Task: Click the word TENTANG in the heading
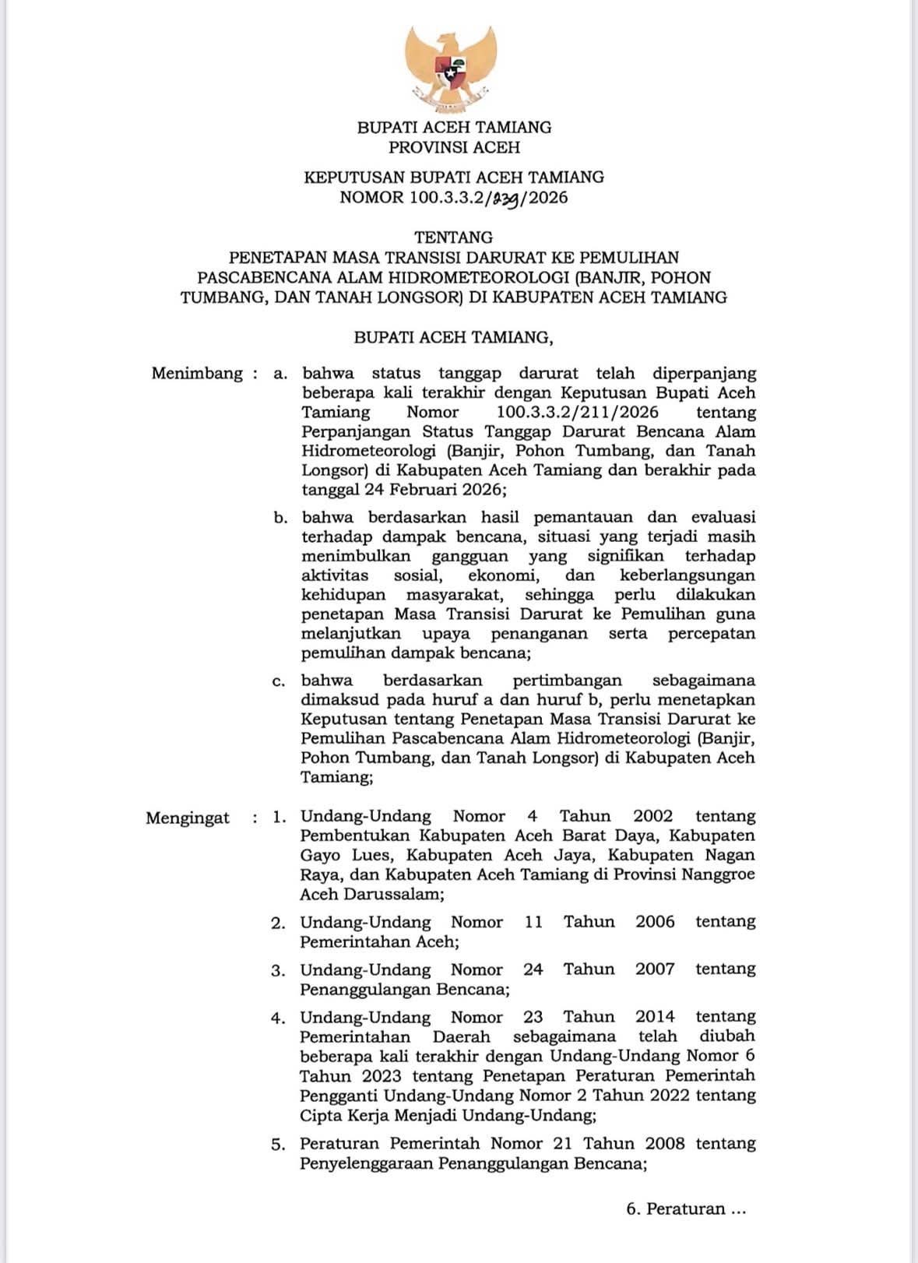tap(454, 237)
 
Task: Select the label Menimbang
tap(197, 373)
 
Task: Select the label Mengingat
tap(188, 818)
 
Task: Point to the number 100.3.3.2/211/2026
tap(577, 412)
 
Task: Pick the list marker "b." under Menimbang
tap(280, 518)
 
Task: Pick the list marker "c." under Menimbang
tap(280, 681)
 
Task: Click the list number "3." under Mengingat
tap(279, 970)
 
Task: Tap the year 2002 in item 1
tap(652, 816)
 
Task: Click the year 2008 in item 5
tap(664, 1143)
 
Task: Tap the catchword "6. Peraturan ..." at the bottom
tap(686, 1209)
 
